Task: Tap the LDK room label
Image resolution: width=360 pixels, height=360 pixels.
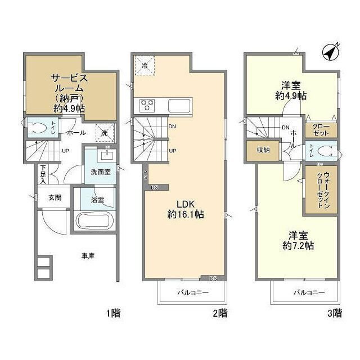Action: [x=185, y=209]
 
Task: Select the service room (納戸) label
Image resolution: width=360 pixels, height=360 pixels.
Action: [x=68, y=92]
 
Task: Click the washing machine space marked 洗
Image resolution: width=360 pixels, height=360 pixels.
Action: [x=104, y=133]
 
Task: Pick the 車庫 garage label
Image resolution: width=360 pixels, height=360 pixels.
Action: [x=87, y=256]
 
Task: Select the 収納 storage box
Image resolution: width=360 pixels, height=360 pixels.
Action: [x=262, y=151]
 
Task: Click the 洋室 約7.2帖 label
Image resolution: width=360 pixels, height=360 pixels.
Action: [x=295, y=240]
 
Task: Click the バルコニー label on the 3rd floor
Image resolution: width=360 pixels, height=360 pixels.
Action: [x=307, y=292]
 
